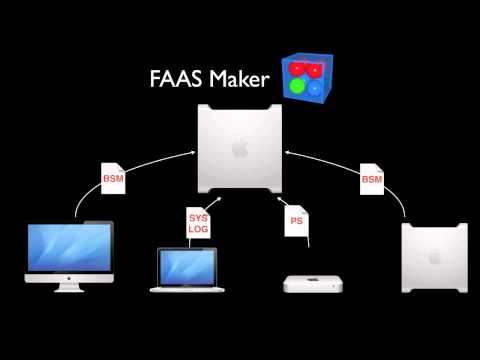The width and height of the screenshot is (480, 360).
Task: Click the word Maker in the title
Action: [x=238, y=80]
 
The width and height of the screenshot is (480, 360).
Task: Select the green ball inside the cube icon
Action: [x=296, y=87]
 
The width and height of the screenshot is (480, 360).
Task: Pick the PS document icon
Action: [x=296, y=222]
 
